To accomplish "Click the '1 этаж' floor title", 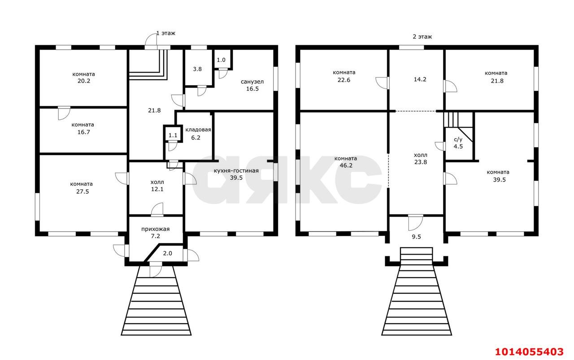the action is tap(166, 33).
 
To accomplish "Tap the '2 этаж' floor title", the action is tap(422, 37).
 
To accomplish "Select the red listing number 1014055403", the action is tap(529, 352).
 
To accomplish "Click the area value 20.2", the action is tap(84, 81).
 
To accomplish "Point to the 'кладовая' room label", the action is tap(198, 130).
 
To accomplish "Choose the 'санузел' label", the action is tap(252, 82).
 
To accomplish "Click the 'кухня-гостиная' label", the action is tap(236, 171).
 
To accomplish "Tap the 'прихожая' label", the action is tap(155, 229).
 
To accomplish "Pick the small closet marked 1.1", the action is tap(173, 135).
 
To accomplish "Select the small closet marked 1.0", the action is tap(221, 60).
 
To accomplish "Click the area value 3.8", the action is tap(197, 69).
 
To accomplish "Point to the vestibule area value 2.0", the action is tap(168, 253).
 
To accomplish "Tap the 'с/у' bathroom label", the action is tap(458, 139).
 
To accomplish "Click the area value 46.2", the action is tap(346, 165).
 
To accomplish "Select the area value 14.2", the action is tap(420, 79).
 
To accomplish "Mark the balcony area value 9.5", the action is tap(417, 237).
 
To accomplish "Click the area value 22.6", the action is tap(344, 80).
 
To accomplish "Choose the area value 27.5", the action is tap(83, 192).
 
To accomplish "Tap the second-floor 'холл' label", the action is tap(421, 155).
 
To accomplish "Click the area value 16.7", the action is tap(84, 132).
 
